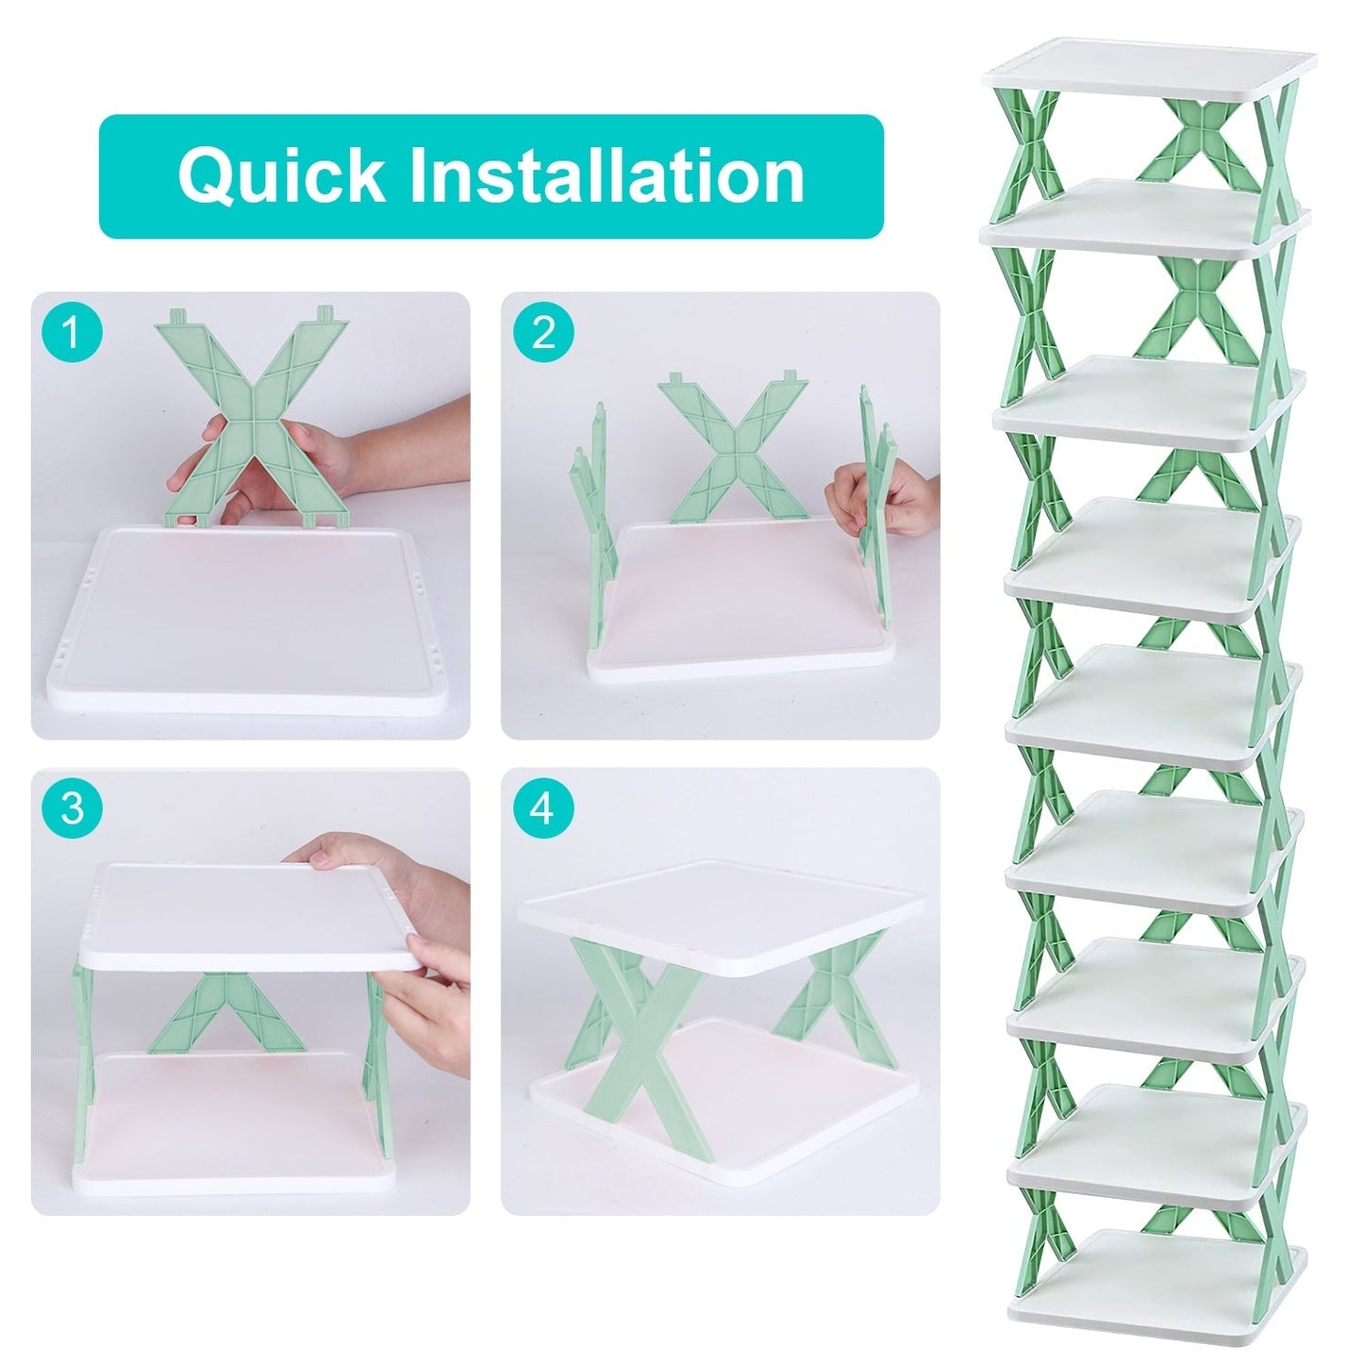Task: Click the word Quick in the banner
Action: click(281, 175)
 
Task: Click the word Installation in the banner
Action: click(607, 175)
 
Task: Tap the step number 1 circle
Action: click(72, 332)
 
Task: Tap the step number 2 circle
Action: click(543, 332)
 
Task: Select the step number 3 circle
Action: click(72, 808)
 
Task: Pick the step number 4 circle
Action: click(543, 808)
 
